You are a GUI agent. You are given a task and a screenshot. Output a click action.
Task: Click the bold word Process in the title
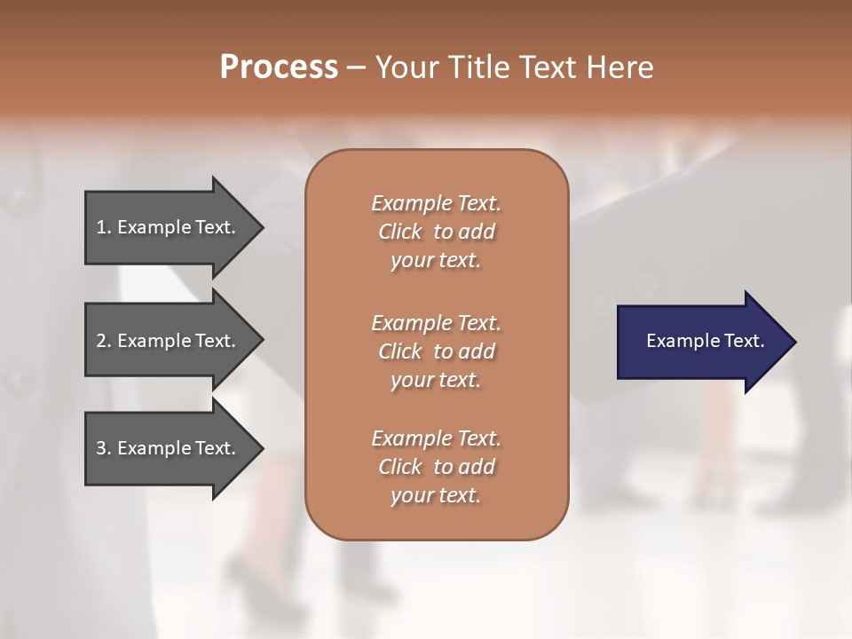[279, 67]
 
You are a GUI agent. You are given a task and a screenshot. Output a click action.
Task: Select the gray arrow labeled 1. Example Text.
[169, 227]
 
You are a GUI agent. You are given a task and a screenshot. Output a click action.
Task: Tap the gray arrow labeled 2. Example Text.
[169, 341]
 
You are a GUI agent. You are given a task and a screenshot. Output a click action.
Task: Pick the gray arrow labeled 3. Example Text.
[169, 448]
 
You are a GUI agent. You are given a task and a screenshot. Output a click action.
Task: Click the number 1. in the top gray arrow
[104, 227]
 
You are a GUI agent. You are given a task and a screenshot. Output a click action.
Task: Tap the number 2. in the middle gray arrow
[104, 341]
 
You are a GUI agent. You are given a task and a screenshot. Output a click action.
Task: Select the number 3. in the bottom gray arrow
[104, 448]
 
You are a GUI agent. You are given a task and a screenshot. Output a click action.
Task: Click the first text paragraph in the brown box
[436, 232]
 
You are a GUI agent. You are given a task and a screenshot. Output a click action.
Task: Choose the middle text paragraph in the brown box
[436, 351]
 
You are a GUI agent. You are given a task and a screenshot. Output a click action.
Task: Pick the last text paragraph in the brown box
[436, 467]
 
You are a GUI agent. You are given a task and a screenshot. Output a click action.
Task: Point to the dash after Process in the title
[357, 68]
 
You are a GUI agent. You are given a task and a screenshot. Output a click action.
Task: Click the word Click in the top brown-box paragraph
[400, 232]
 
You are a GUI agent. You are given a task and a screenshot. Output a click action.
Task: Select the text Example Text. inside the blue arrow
[705, 341]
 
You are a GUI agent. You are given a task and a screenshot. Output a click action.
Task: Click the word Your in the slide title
[406, 67]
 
